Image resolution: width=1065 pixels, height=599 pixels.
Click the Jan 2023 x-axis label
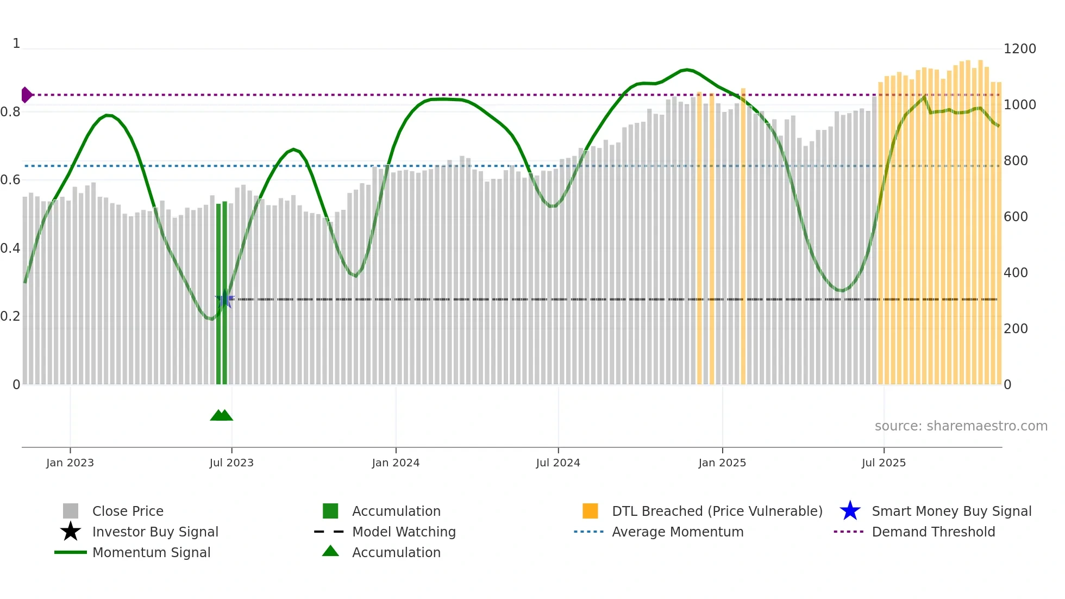(70, 463)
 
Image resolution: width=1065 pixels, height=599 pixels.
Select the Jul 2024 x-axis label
(558, 463)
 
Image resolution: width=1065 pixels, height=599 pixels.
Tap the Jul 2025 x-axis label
(884, 463)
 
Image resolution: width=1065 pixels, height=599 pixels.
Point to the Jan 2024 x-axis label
(396, 463)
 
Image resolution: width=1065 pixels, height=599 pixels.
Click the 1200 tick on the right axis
(1019, 49)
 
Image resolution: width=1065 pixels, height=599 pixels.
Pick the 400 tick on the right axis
(1016, 272)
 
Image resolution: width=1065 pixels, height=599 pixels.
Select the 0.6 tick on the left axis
(10, 180)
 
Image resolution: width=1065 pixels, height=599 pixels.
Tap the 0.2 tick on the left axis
(10, 316)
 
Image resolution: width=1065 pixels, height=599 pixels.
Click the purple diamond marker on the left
(26, 95)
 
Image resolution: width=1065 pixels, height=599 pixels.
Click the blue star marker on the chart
(224, 299)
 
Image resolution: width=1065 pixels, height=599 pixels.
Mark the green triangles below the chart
(221, 415)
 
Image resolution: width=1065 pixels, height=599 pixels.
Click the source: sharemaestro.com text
(961, 426)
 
